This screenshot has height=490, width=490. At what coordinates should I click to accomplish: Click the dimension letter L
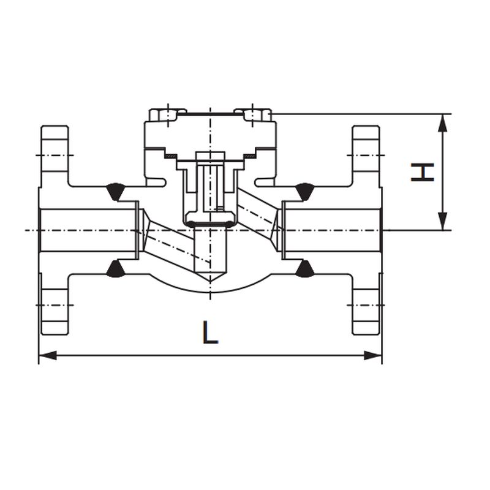click(x=210, y=332)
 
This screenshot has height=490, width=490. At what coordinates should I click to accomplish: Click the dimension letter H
click(x=423, y=172)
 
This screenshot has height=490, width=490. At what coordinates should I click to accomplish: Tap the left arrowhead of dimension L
click(x=48, y=355)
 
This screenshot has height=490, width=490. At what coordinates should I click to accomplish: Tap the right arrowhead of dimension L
click(x=373, y=355)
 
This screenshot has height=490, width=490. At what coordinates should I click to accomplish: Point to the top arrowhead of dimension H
click(x=442, y=123)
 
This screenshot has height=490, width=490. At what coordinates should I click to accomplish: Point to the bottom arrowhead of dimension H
click(x=442, y=221)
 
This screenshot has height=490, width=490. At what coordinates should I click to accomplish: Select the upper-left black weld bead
click(x=115, y=191)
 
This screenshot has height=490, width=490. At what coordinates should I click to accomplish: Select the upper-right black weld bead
click(x=305, y=191)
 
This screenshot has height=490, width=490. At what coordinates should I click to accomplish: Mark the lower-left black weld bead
click(x=115, y=269)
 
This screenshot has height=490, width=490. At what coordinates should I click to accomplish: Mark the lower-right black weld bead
click(x=305, y=269)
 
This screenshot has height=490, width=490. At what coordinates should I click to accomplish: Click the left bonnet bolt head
click(x=164, y=115)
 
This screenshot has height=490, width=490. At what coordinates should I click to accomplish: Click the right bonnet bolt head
click(x=256, y=115)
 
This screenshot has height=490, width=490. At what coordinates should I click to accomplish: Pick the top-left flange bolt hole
click(x=55, y=156)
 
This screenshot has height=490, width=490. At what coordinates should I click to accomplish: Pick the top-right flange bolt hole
click(x=366, y=156)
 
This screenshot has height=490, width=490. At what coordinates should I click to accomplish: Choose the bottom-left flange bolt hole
click(x=55, y=305)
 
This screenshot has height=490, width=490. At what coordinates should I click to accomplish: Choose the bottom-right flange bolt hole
click(x=366, y=305)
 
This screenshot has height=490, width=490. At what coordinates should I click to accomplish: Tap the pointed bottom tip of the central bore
click(x=210, y=281)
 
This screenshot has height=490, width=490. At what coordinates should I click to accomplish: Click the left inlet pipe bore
click(x=88, y=230)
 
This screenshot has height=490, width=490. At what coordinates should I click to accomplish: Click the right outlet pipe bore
click(x=332, y=230)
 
